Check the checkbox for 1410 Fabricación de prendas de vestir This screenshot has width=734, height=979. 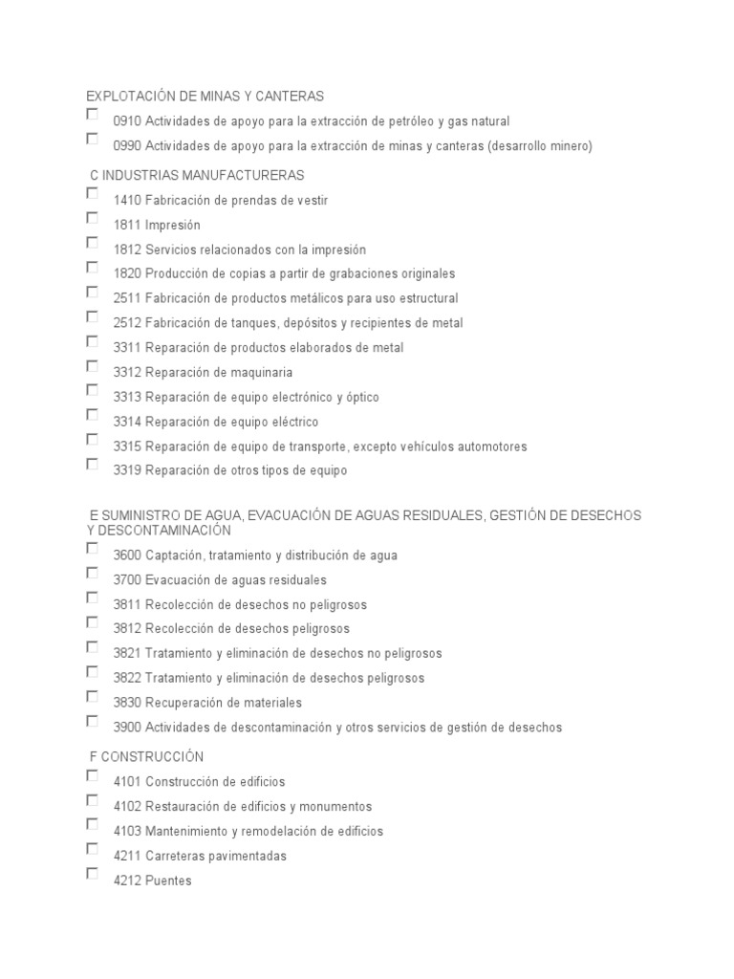coord(92,193)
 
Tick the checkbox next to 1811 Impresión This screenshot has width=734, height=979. coord(92,218)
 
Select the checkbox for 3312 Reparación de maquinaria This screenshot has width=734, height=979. coord(92,366)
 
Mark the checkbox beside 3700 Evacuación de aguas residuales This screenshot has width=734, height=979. coord(92,574)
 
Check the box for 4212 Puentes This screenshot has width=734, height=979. coord(92,874)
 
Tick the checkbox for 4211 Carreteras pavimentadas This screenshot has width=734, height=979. coord(92,849)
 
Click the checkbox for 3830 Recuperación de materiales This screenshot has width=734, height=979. coord(92,697)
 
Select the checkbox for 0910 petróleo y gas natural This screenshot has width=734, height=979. coord(92,115)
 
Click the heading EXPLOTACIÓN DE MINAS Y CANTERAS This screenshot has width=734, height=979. coord(205,97)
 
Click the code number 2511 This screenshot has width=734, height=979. coord(127,298)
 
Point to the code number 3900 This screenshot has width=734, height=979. coord(127,728)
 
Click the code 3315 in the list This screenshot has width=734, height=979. coord(127,446)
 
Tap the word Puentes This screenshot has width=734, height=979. coord(169,881)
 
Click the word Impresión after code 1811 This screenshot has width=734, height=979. coord(173,226)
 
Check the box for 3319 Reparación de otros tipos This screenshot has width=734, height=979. coord(92,465)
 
